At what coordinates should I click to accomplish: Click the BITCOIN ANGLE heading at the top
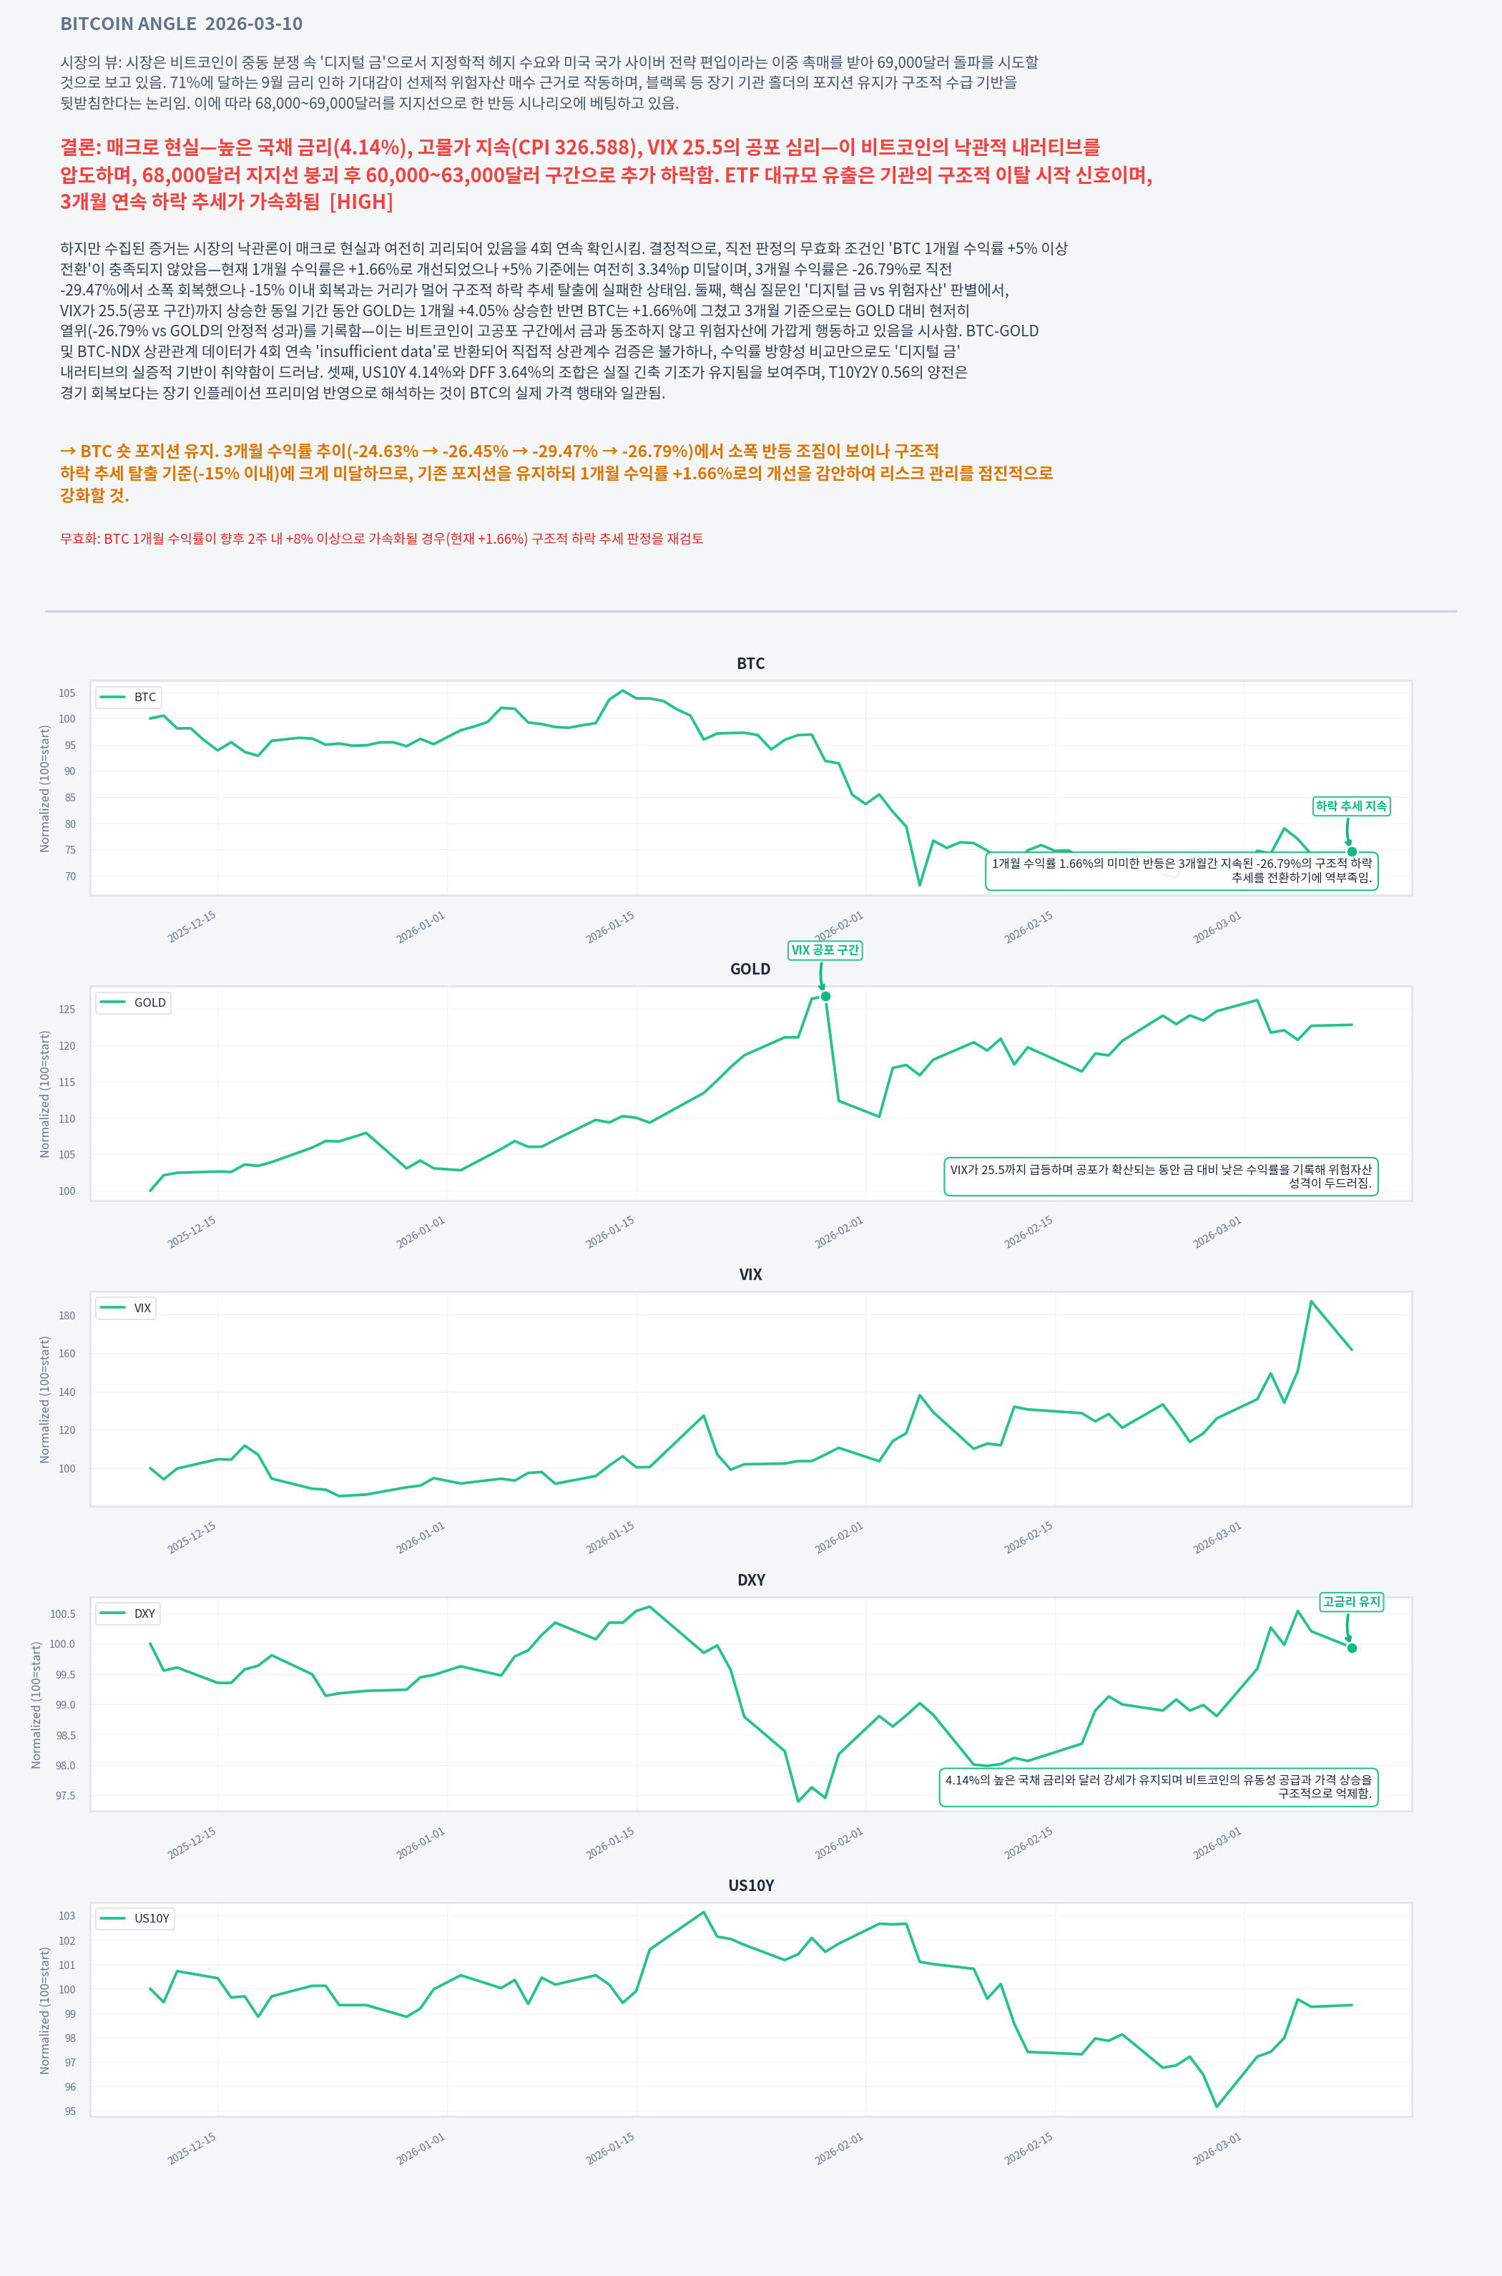[x=181, y=24]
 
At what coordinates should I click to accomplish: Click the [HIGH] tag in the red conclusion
[x=361, y=201]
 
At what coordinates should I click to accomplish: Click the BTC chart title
[x=750, y=663]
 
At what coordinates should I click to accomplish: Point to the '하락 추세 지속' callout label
[x=1350, y=806]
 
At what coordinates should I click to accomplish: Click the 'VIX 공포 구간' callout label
[x=825, y=949]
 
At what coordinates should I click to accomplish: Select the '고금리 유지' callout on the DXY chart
[x=1350, y=1601]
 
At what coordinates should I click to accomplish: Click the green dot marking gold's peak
[x=825, y=997]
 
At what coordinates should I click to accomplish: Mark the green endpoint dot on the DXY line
[x=1352, y=1649]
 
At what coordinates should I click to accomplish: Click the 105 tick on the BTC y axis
[x=67, y=693]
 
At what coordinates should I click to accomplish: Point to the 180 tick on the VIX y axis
[x=67, y=1316]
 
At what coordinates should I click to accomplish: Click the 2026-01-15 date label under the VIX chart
[x=610, y=1538]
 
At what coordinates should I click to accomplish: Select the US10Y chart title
[x=750, y=1885]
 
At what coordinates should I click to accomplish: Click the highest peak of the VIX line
[x=1310, y=1301]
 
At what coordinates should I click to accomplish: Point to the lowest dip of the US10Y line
[x=1217, y=2106]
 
